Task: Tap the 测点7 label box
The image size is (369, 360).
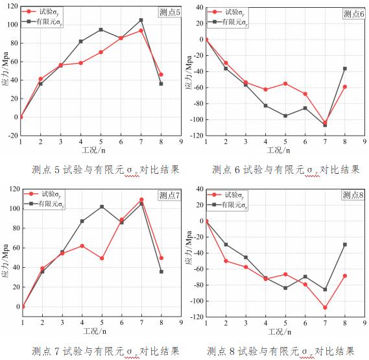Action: [x=170, y=195]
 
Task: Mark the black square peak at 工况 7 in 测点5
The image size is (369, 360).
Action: [x=141, y=20]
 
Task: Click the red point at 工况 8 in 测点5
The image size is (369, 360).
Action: [x=161, y=75]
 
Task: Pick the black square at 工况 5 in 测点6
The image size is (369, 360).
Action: [x=285, y=115]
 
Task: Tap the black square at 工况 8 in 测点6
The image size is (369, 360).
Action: [x=345, y=68]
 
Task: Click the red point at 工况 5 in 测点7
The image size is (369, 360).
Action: [x=101, y=258]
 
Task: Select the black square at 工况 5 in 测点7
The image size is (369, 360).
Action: [x=101, y=207]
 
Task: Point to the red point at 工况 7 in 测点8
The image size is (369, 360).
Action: [x=325, y=307]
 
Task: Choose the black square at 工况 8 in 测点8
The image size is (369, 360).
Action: [x=345, y=245]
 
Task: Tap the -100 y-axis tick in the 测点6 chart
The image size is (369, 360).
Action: [x=195, y=120]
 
